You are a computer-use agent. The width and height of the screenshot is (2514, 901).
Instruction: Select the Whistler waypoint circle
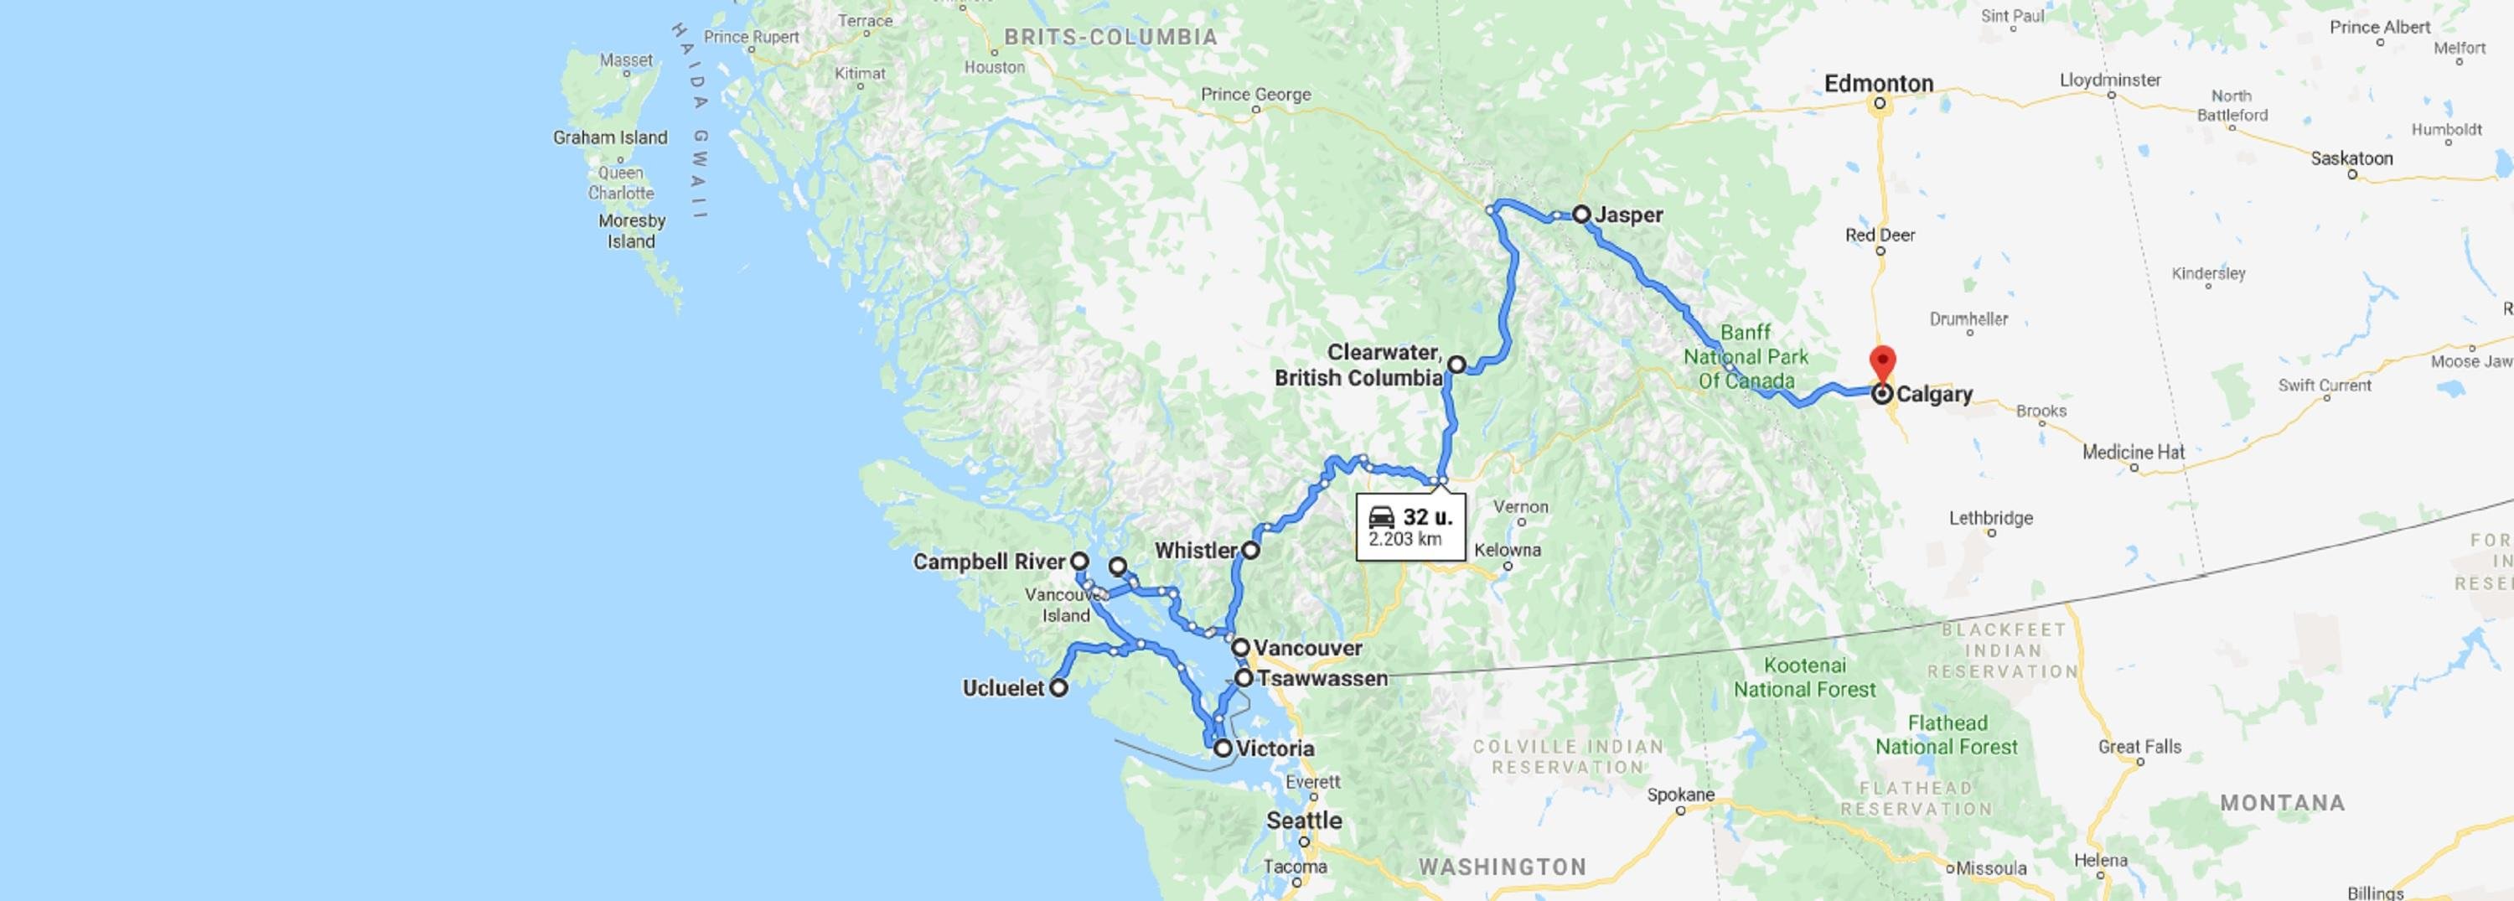pyautogui.click(x=1250, y=551)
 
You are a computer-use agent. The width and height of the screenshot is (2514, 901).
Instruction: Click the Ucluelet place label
pyautogui.click(x=1003, y=688)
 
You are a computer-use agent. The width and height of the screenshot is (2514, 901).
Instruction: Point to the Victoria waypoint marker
pyautogui.click(x=1223, y=748)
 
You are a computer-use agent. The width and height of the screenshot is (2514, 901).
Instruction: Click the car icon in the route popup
pyautogui.click(x=1381, y=517)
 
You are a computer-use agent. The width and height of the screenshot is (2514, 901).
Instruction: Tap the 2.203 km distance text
pyautogui.click(x=1404, y=540)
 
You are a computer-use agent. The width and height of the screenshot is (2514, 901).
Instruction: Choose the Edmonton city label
pyautogui.click(x=1879, y=84)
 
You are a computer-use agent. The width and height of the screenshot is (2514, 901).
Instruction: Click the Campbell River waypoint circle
pyautogui.click(x=1079, y=562)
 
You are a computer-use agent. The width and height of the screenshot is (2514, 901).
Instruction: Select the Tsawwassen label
pyautogui.click(x=1322, y=678)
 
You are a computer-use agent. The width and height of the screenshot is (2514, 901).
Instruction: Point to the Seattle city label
pyautogui.click(x=1304, y=820)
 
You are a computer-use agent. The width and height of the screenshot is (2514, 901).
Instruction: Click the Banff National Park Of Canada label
pyautogui.click(x=1746, y=356)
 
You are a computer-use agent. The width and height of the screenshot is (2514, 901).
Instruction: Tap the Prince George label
pyautogui.click(x=1255, y=95)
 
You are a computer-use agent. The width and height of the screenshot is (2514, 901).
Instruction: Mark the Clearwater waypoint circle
pyautogui.click(x=1456, y=364)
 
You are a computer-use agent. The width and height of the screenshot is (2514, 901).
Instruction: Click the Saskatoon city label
pyautogui.click(x=2351, y=158)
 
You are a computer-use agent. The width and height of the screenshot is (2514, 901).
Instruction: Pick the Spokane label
pyautogui.click(x=1680, y=795)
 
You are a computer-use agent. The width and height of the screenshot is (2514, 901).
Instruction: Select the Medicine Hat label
pyautogui.click(x=2134, y=452)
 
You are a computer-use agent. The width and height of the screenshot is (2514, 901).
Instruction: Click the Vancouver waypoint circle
pyautogui.click(x=1240, y=647)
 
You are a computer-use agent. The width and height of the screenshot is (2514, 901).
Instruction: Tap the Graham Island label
pyautogui.click(x=610, y=137)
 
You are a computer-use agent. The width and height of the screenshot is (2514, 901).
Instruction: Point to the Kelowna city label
pyautogui.click(x=1507, y=550)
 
